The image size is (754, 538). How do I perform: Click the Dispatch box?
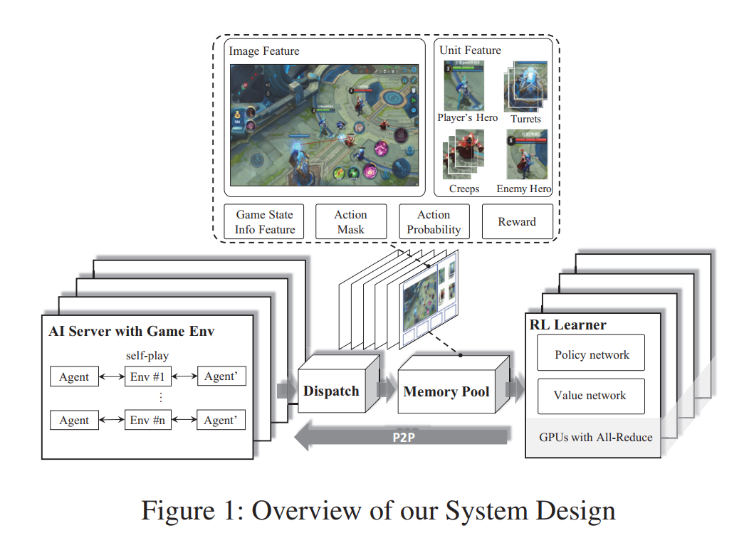click(x=331, y=391)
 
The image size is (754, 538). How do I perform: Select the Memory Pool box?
click(x=446, y=391)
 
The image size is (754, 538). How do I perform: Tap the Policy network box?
click(x=592, y=354)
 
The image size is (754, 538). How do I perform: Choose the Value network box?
click(x=590, y=396)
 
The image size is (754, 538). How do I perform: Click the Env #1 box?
click(x=148, y=376)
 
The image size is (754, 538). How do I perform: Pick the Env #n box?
click(x=148, y=420)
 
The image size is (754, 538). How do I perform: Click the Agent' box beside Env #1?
click(x=221, y=376)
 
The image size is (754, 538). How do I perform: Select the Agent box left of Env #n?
click(x=74, y=420)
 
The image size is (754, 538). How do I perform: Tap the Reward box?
click(x=517, y=221)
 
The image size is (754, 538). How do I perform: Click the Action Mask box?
click(x=350, y=221)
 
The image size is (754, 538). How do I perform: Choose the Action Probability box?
click(x=434, y=221)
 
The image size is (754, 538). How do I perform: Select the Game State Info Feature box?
click(x=265, y=221)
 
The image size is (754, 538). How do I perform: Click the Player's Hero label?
click(x=467, y=117)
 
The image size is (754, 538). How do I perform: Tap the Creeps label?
click(x=464, y=189)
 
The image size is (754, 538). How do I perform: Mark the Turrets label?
click(x=525, y=119)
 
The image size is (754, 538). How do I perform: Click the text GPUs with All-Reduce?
click(x=595, y=437)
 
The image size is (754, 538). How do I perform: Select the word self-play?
click(x=148, y=355)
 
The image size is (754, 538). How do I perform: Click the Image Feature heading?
click(x=263, y=51)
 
